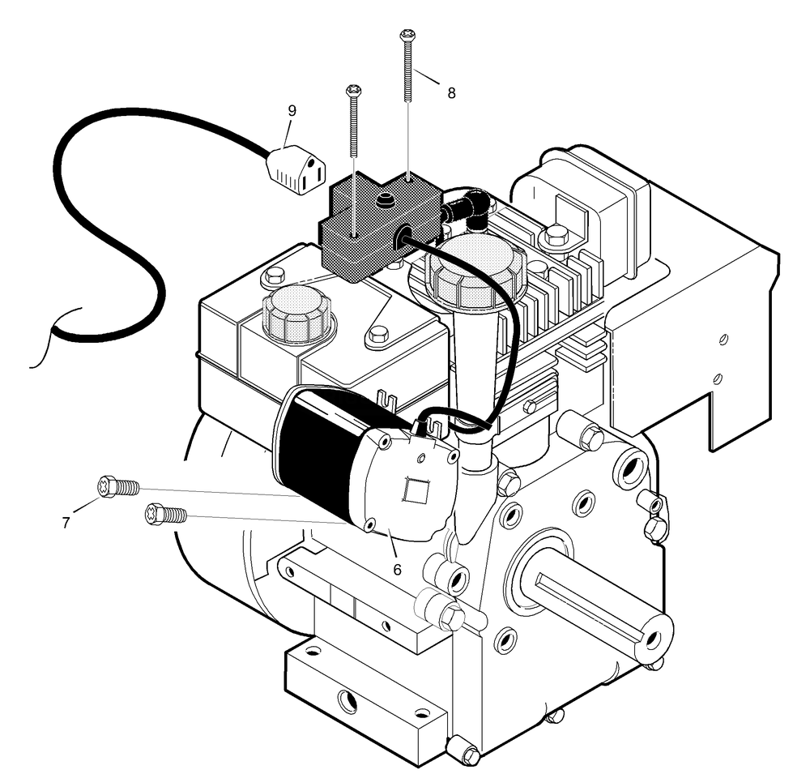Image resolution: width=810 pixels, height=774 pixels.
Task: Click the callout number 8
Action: click(x=451, y=93)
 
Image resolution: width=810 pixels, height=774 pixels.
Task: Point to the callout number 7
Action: click(x=66, y=523)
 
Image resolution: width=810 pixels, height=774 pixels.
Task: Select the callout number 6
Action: click(x=397, y=569)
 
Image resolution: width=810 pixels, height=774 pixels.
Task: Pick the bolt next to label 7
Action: click(x=116, y=487)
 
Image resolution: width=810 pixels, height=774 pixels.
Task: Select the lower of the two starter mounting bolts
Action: click(x=164, y=514)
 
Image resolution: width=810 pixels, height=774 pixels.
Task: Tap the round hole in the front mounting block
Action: click(x=348, y=700)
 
